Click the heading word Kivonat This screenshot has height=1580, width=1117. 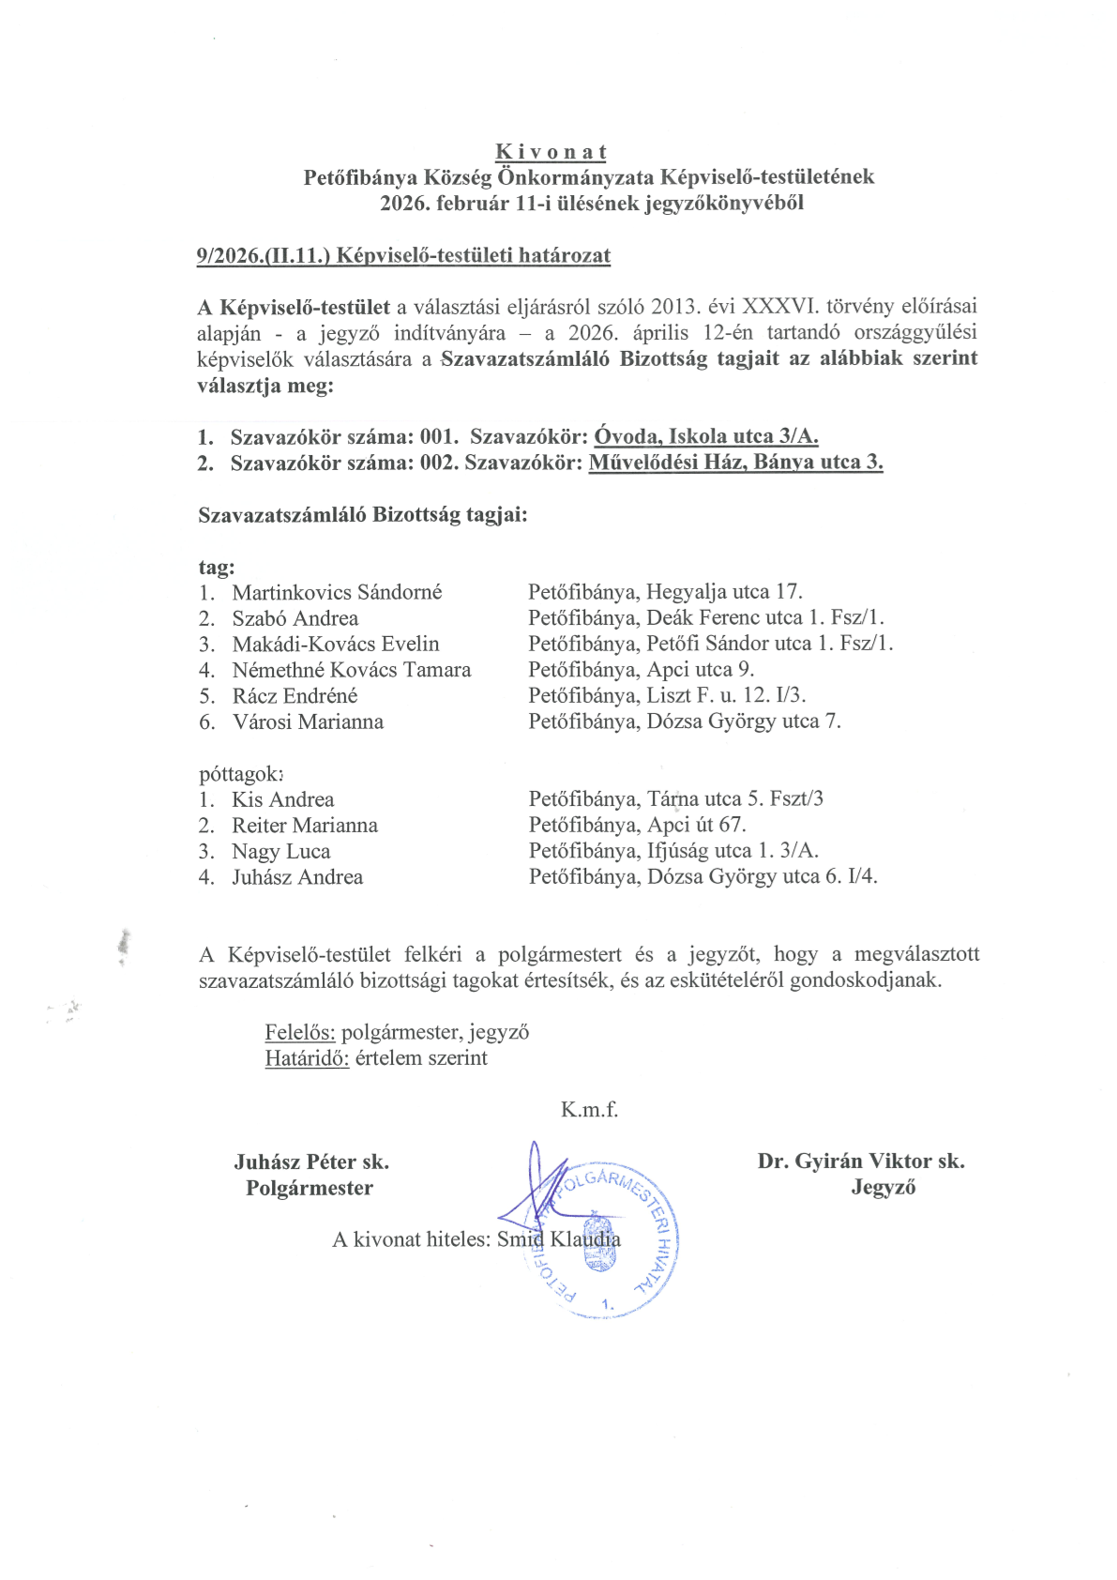tap(551, 152)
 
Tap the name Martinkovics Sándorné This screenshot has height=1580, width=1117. tap(337, 593)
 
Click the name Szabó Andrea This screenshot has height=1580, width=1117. tap(295, 618)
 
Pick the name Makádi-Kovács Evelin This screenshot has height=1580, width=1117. tap(336, 645)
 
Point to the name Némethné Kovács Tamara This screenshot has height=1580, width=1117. tap(352, 670)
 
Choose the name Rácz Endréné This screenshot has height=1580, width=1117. tap(295, 696)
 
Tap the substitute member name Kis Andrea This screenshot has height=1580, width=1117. tap(283, 800)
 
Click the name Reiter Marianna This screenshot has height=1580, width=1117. tap(305, 826)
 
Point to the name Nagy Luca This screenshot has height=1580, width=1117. tap(281, 852)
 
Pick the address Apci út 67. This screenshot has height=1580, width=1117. tap(696, 826)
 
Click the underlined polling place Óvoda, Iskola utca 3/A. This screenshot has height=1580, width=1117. tap(706, 436)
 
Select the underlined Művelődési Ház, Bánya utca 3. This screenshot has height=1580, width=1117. tap(735, 463)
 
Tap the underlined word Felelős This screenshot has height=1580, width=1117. tap(299, 1033)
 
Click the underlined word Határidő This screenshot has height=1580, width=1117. tap(307, 1059)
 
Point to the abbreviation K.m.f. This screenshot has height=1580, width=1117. tap(589, 1110)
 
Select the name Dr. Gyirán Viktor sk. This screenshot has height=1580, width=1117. tap(861, 1162)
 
